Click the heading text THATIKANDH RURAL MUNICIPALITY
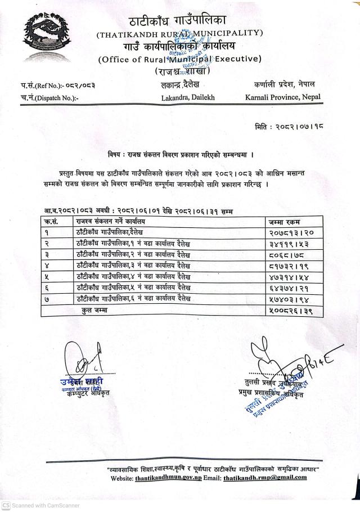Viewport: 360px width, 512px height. pyautogui.click(x=179, y=34)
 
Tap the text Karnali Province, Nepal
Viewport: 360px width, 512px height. pyautogui.click(x=283, y=97)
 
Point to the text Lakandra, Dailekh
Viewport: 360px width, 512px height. pyautogui.click(x=187, y=97)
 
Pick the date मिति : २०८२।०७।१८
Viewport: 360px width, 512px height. pyautogui.click(x=287, y=128)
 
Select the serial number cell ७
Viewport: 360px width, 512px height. pyautogui.click(x=48, y=298)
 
